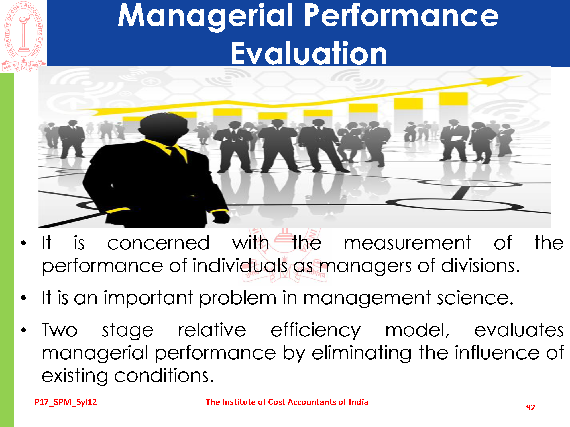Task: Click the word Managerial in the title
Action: pyautogui.click(x=205, y=17)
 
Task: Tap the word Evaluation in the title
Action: pyautogui.click(x=309, y=53)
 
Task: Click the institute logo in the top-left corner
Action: pyautogui.click(x=24, y=36)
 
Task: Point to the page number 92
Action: pyautogui.click(x=530, y=407)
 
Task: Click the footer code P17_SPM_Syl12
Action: pyautogui.click(x=66, y=402)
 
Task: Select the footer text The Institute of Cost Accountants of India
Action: pyautogui.click(x=287, y=402)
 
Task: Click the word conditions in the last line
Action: pyautogui.click(x=164, y=375)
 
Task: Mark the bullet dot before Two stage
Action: pyautogui.click(x=23, y=330)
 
